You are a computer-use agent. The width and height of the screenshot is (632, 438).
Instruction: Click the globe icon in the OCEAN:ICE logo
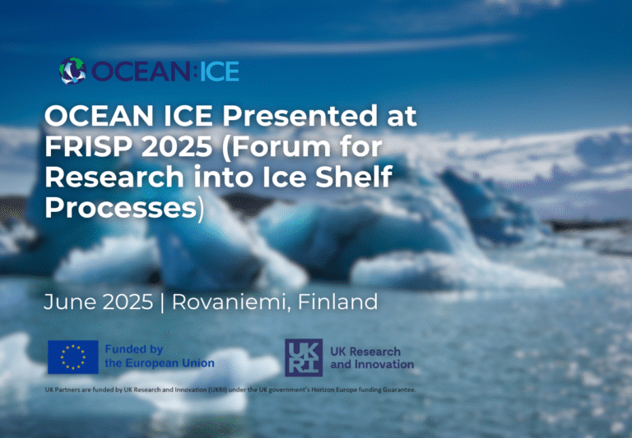72,71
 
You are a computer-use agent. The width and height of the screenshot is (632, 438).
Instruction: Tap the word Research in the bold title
114,178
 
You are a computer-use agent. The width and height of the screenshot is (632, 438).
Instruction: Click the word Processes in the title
120,208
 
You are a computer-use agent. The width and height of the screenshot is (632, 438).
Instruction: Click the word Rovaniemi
229,302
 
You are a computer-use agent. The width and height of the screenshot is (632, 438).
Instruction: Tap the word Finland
337,302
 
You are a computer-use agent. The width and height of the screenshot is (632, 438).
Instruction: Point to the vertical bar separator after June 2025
162,302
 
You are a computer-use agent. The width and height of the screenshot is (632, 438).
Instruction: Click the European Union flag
73,357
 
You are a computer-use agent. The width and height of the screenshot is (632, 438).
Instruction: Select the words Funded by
134,349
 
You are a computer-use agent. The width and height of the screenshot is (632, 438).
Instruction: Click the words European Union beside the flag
170,363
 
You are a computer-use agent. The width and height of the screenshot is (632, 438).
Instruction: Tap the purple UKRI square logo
304,357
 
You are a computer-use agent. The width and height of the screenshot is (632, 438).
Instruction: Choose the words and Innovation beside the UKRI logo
372,364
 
